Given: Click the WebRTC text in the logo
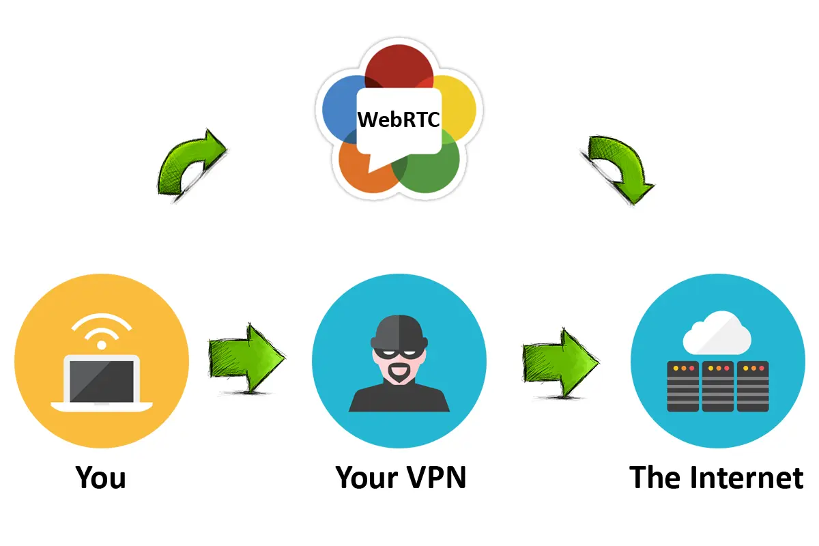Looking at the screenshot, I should pos(399,119).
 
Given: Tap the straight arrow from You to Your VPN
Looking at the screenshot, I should pos(246,358).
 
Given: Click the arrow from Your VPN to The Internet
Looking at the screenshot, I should pos(560,362).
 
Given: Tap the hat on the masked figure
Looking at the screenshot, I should pos(399,332).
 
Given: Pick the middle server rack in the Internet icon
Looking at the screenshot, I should pos(717,386).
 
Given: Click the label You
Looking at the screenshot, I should pos(101,477).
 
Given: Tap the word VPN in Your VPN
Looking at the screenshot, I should pos(436,477).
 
